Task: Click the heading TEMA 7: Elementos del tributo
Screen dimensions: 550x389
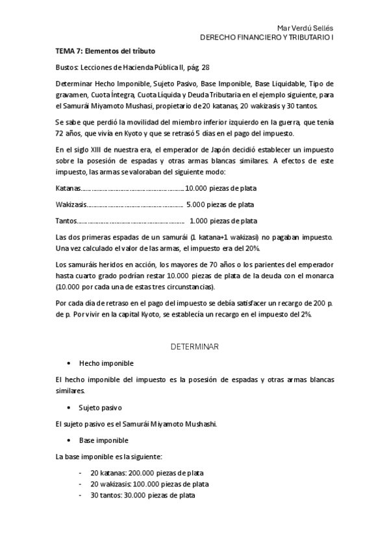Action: (x=105, y=51)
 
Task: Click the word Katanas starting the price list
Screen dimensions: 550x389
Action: (x=68, y=188)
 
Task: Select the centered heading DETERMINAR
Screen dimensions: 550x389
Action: (x=194, y=346)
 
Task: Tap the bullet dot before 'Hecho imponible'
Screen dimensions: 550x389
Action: (x=69, y=363)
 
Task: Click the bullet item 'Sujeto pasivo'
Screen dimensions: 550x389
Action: (x=100, y=407)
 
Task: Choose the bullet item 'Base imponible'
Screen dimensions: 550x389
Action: (x=103, y=440)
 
